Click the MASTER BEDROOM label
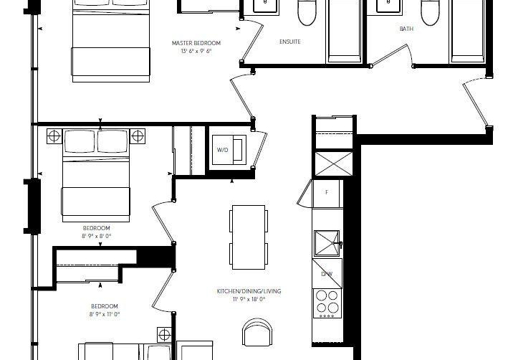[196, 43]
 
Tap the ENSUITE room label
[290, 42]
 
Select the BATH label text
[406, 29]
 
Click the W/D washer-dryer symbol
[229, 150]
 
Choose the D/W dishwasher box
[327, 273]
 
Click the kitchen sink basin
[327, 243]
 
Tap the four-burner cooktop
[327, 303]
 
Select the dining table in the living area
[249, 237]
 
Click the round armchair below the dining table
[258, 332]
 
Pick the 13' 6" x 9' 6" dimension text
[196, 51]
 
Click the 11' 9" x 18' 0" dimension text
[249, 299]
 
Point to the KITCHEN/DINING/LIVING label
[249, 291]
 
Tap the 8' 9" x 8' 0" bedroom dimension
[97, 236]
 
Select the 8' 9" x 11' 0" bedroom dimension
[105, 314]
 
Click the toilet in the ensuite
[307, 12]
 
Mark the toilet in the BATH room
[430, 12]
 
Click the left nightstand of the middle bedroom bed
[54, 136]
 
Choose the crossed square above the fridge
[334, 164]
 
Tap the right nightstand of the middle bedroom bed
[138, 136]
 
